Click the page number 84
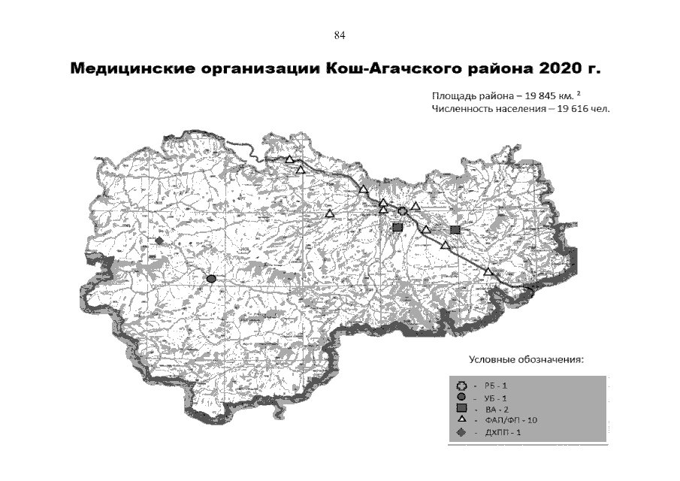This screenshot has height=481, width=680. point(339,35)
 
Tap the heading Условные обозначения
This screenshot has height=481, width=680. point(526,360)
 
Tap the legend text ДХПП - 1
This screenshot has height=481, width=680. point(502,433)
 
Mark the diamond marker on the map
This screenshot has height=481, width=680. point(159,241)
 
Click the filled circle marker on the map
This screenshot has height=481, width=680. point(211,279)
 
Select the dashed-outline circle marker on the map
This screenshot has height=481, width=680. point(403,211)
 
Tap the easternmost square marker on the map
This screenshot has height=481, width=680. point(455,230)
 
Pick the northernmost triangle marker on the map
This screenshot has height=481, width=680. point(290,159)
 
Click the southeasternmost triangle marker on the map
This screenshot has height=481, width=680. point(488,271)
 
